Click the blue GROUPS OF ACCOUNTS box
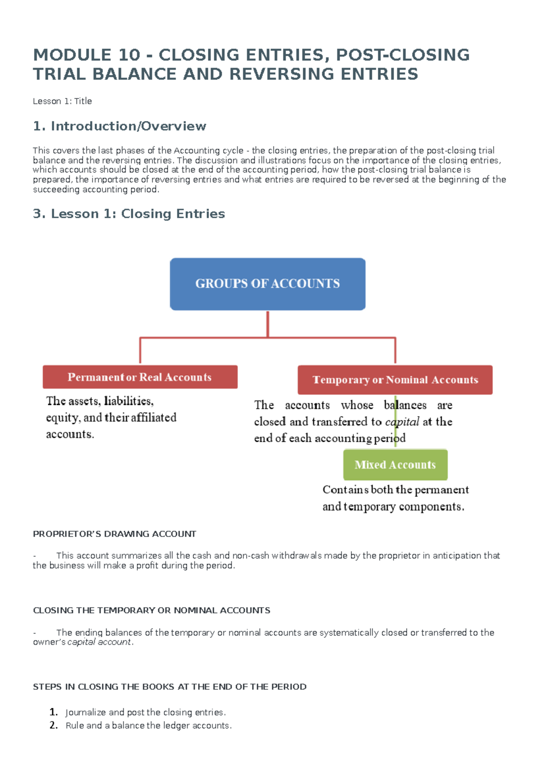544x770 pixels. [x=267, y=284]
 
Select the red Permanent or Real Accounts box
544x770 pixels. [x=140, y=377]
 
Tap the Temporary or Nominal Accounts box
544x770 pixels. [x=395, y=380]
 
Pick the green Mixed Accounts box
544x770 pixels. [x=395, y=465]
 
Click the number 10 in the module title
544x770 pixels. [x=129, y=55]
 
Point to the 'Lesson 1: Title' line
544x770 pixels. [x=62, y=101]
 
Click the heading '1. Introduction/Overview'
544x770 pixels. [x=120, y=126]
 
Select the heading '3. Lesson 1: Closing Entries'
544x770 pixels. [x=129, y=214]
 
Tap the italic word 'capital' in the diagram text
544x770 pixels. [x=402, y=422]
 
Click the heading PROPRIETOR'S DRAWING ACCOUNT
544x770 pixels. [x=114, y=534]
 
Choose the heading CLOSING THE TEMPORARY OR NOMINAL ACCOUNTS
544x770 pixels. [x=151, y=610]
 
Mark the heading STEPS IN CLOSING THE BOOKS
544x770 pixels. [x=170, y=687]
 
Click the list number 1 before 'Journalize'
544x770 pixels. [x=53, y=712]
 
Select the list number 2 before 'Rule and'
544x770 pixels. [x=53, y=725]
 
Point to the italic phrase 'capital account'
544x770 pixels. [x=99, y=642]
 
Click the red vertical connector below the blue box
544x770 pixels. [x=268, y=324]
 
